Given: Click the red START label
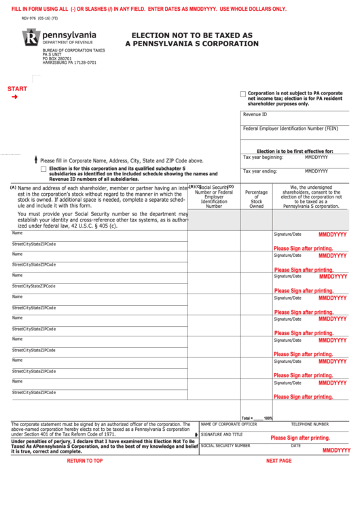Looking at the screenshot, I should [x=17, y=89].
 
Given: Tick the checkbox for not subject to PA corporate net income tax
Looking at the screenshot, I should [x=243, y=94].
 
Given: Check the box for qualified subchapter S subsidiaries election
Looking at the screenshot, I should [x=44, y=169].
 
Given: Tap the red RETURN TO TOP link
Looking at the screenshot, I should [x=85, y=461].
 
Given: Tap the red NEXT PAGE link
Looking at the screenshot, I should [x=278, y=461].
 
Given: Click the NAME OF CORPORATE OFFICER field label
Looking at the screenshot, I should [x=229, y=424].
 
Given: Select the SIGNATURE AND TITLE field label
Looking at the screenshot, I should [x=221, y=434].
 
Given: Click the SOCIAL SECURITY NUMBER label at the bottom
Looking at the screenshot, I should [x=226, y=446].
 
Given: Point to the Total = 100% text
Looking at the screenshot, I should [x=257, y=418].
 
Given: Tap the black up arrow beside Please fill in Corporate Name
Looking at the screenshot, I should [x=35, y=160].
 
